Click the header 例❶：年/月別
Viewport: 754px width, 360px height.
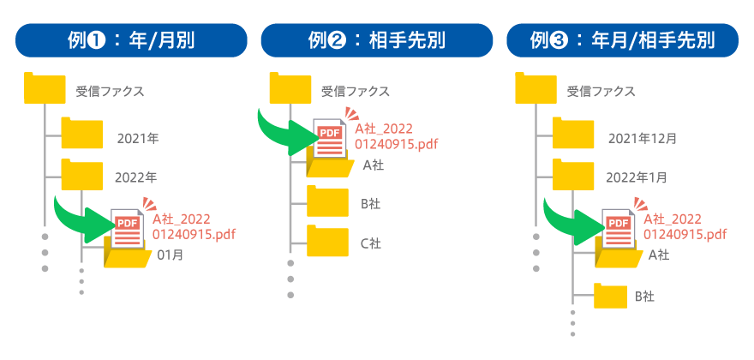click(x=131, y=40)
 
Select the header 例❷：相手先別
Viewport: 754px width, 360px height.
click(x=377, y=40)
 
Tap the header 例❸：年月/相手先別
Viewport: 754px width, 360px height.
click(x=622, y=40)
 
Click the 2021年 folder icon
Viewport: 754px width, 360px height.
click(x=81, y=134)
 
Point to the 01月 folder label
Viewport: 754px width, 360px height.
click(x=170, y=255)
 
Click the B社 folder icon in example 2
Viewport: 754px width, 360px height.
click(x=327, y=202)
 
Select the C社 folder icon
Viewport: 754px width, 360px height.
click(x=327, y=241)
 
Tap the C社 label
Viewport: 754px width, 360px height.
click(x=370, y=243)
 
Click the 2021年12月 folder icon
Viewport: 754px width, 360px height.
click(x=573, y=134)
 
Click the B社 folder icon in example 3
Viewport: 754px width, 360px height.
click(x=610, y=296)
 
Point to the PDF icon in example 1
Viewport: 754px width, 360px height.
click(x=127, y=228)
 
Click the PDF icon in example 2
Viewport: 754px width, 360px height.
click(x=330, y=137)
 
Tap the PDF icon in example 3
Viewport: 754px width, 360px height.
click(x=618, y=228)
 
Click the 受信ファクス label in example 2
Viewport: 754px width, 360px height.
click(x=355, y=91)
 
